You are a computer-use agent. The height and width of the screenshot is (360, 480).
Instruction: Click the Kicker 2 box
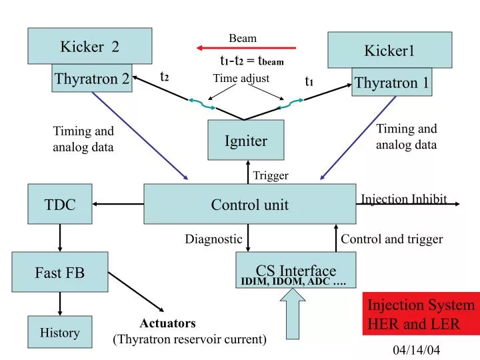pyautogui.click(x=89, y=46)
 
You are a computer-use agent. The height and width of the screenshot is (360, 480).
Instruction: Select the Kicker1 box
pyautogui.click(x=389, y=50)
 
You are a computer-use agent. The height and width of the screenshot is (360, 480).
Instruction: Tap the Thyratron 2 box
pyautogui.click(x=92, y=79)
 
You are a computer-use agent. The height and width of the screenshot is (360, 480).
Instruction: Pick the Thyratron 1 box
pyautogui.click(x=392, y=82)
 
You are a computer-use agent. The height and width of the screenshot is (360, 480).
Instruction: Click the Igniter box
pyautogui.click(x=246, y=140)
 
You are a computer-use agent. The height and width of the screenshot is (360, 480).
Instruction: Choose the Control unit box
pyautogui.click(x=250, y=204)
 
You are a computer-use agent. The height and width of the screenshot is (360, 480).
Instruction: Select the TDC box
pyautogui.click(x=60, y=204)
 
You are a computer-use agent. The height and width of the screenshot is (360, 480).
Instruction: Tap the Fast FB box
pyautogui.click(x=60, y=272)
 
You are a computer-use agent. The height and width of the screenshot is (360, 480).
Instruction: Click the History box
pyautogui.click(x=60, y=332)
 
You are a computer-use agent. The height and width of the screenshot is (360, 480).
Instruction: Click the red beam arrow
pyautogui.click(x=246, y=48)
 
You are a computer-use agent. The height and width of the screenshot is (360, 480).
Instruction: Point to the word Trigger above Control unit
pyautogui.click(x=271, y=175)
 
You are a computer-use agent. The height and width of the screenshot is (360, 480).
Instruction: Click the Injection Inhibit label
pyautogui.click(x=404, y=199)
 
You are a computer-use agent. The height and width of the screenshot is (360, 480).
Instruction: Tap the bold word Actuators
pyautogui.click(x=167, y=323)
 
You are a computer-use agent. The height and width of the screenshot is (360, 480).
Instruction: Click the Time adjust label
pyautogui.click(x=241, y=79)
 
